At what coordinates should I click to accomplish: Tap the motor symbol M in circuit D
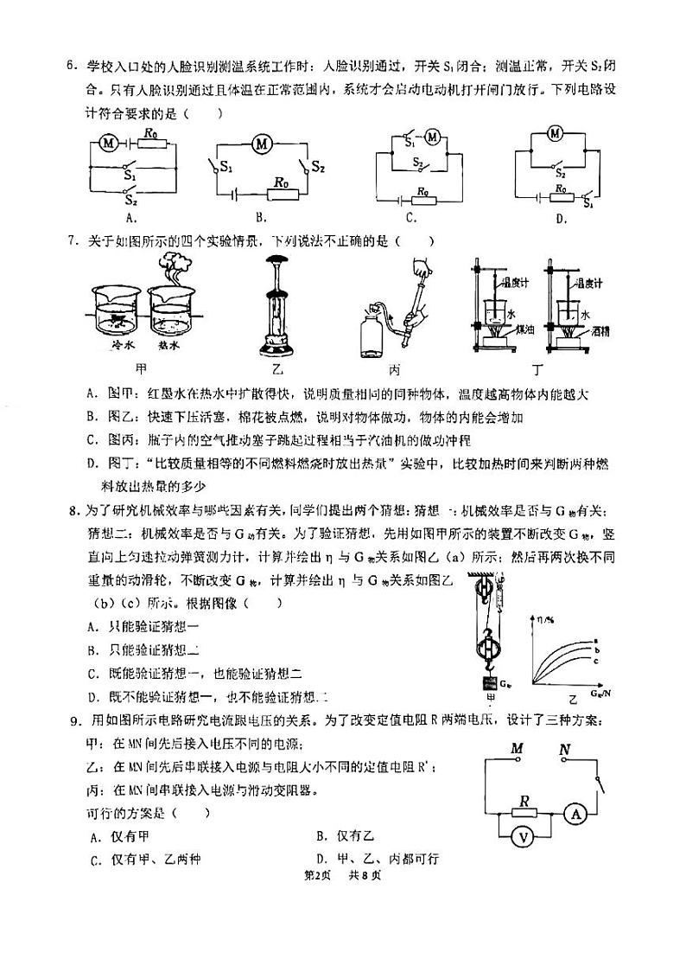[x=556, y=132]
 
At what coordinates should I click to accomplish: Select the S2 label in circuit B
[x=317, y=166]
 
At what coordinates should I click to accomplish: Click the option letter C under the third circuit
[x=410, y=218]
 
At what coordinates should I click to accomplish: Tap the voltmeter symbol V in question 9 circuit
[x=522, y=835]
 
